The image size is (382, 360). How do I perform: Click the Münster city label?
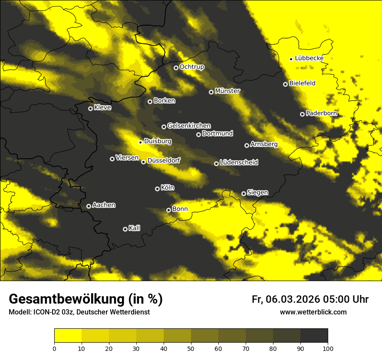[x=227, y=91]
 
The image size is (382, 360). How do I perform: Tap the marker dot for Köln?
[x=157, y=189]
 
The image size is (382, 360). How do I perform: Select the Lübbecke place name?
[x=309, y=58]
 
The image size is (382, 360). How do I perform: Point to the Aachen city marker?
[x=89, y=206]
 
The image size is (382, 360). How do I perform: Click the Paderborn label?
[x=321, y=113]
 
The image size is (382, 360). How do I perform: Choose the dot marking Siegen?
[x=244, y=193]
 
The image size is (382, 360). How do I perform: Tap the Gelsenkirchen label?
[x=189, y=126]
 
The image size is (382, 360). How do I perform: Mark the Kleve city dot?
[x=90, y=108]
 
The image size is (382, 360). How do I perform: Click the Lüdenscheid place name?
[x=239, y=163]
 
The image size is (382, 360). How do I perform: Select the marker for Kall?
[x=125, y=229]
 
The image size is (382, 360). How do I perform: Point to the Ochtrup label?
[x=192, y=67]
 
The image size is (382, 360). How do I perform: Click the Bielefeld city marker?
[x=285, y=84]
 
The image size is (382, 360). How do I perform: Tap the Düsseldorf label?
[x=164, y=160]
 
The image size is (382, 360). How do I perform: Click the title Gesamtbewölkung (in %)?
[x=86, y=299]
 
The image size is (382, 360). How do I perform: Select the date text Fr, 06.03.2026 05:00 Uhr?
[x=310, y=299]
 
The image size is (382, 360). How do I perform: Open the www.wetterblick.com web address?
[x=313, y=312]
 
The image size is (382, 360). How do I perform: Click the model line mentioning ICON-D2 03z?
[x=79, y=312]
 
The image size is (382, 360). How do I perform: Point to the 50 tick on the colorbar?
[x=191, y=348]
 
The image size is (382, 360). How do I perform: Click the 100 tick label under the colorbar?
[x=327, y=348]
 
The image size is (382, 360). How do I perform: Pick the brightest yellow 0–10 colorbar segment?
[x=68, y=336]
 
